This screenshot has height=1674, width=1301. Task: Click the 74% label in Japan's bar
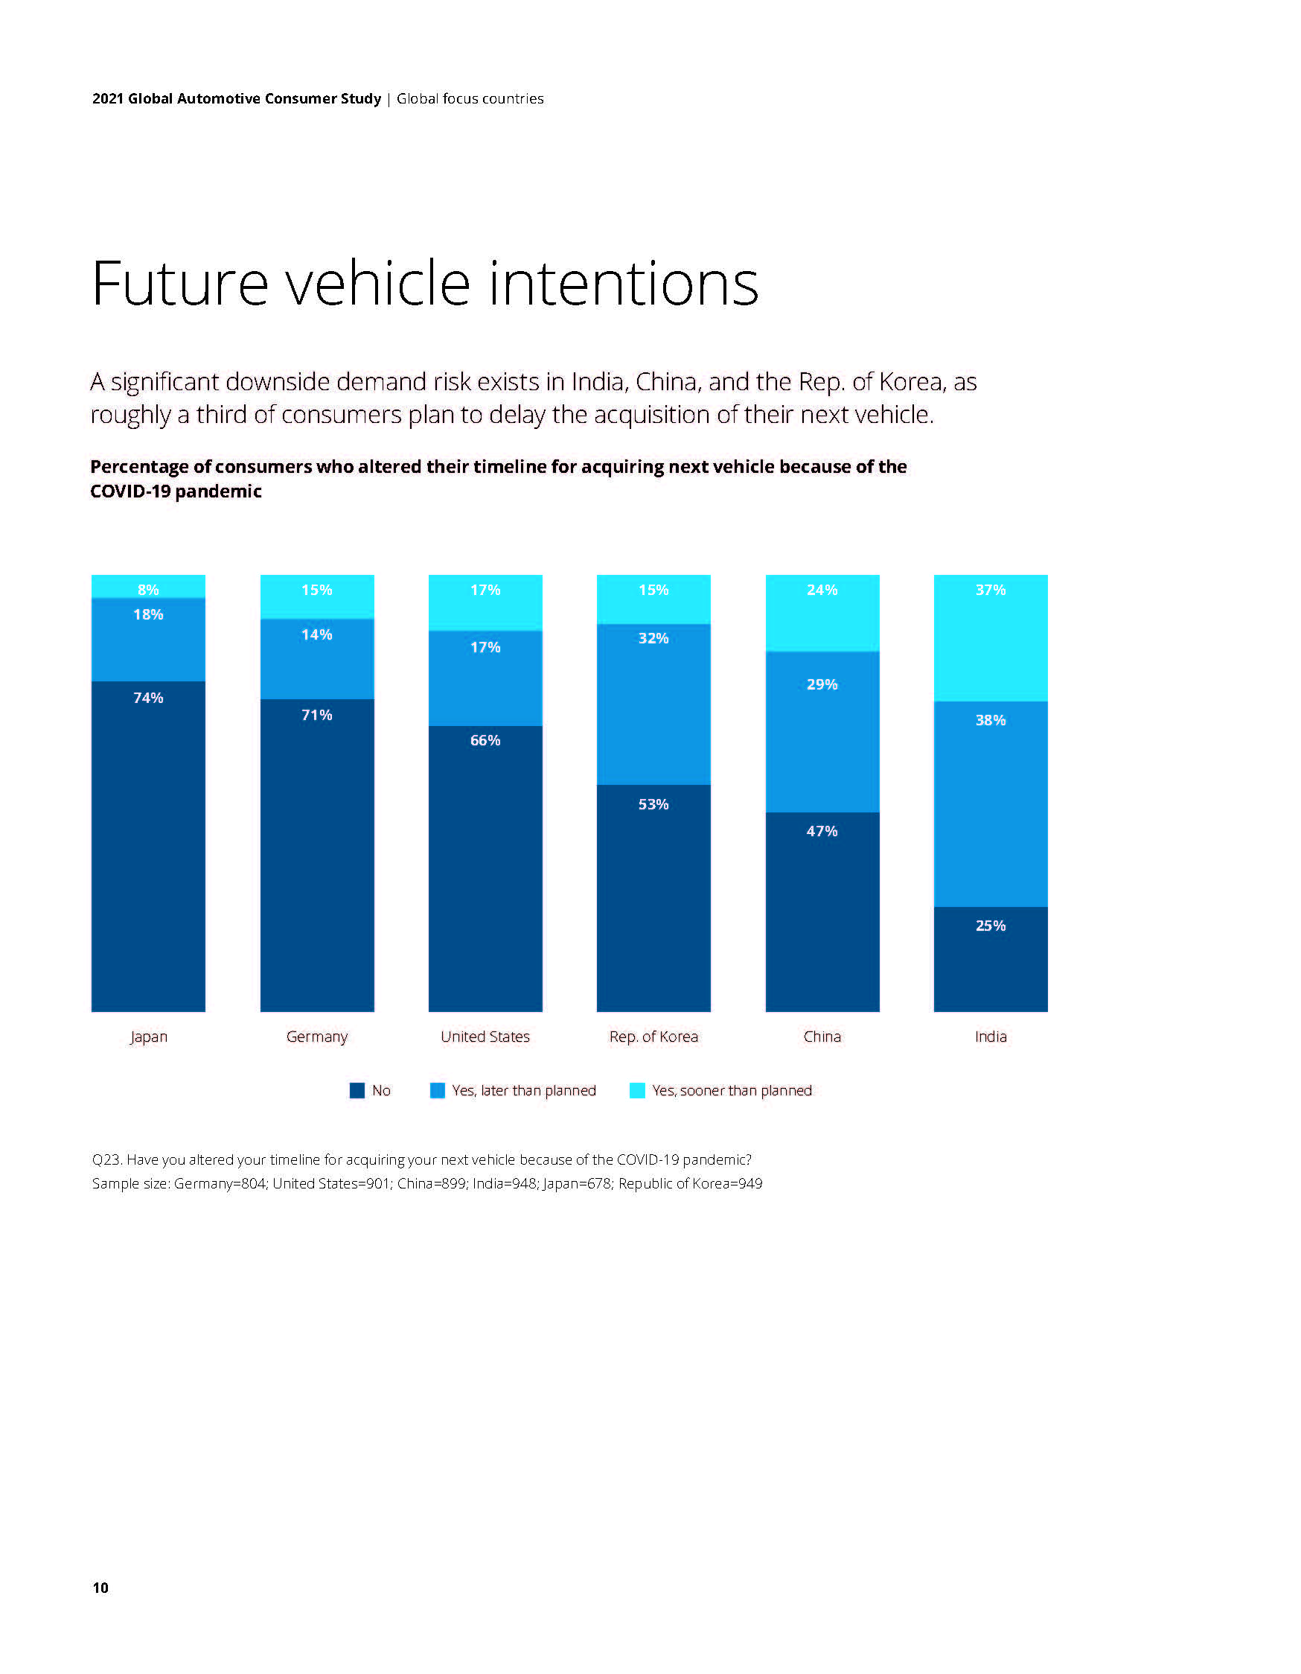tap(148, 698)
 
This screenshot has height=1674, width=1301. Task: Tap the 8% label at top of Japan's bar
tap(148, 590)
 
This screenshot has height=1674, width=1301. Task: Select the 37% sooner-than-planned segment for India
tap(990, 637)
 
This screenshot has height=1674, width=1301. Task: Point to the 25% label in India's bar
tap(990, 926)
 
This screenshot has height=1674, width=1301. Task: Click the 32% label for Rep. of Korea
tap(653, 637)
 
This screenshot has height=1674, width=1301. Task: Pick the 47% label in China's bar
tap(822, 831)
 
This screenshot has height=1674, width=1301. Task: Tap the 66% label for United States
tap(485, 740)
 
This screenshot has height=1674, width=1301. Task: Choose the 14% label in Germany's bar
tap(316, 634)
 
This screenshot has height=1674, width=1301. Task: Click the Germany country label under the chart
tap(316, 1037)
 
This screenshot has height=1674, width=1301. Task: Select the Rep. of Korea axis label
tap(653, 1037)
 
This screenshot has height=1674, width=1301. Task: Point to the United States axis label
tap(485, 1037)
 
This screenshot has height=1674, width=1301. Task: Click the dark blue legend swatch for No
tap(357, 1091)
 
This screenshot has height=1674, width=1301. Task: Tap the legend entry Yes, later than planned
tap(523, 1091)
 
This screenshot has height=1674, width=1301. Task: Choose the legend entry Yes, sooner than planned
tap(731, 1091)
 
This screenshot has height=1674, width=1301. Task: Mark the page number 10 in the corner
tap(100, 1588)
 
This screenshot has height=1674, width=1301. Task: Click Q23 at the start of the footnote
tap(106, 1159)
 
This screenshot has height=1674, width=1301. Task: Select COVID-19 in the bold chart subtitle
tap(130, 491)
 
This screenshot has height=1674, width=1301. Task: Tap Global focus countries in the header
tap(470, 99)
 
